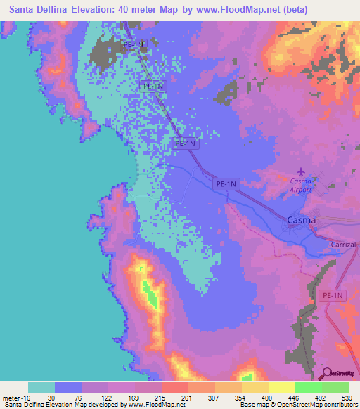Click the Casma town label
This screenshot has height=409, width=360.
[302, 220]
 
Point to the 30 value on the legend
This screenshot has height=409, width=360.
[41, 397]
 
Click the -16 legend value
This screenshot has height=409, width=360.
[19, 397]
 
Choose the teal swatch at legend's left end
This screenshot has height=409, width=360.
[41, 387]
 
